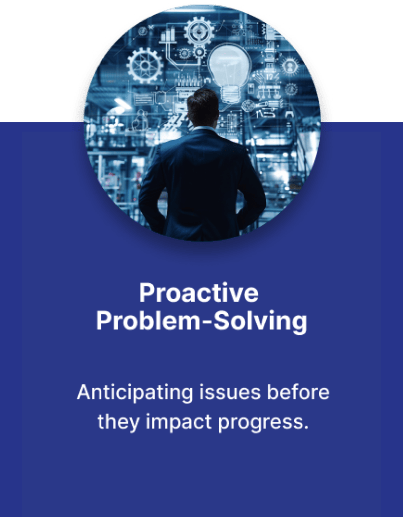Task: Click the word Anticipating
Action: click(135, 393)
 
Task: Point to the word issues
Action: click(230, 393)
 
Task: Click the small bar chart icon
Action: click(168, 35)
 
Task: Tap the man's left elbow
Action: click(143, 197)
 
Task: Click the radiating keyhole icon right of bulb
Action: click(290, 67)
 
